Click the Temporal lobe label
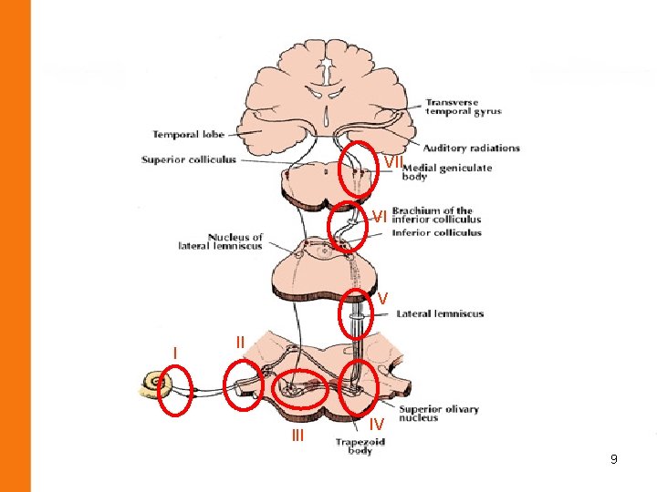188,135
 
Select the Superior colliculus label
189,159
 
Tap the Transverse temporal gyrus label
464,106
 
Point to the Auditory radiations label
471,148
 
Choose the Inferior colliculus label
436,233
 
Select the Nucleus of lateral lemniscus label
222,241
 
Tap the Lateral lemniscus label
440,313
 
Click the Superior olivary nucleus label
438,414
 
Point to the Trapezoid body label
360,446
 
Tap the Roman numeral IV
376,424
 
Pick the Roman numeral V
383,299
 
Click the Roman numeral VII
392,161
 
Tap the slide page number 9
614,459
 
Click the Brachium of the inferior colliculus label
436,215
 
